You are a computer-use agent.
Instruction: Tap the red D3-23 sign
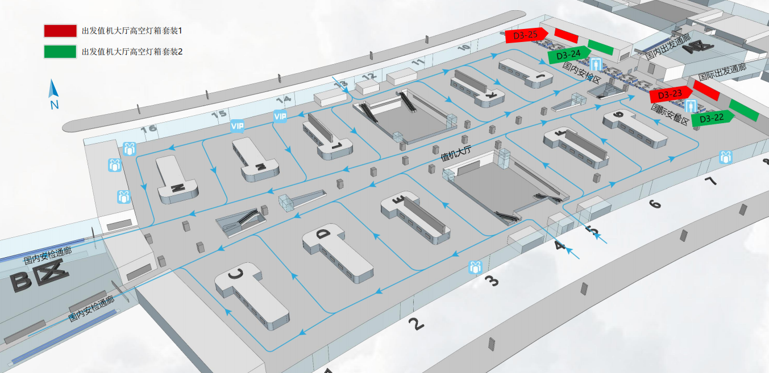670,95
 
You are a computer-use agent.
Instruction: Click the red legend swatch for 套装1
60,31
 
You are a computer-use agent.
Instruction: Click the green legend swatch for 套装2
60,52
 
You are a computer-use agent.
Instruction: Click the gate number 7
710,182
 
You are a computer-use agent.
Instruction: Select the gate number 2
416,324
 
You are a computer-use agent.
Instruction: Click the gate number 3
491,280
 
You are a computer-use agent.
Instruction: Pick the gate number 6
655,203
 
